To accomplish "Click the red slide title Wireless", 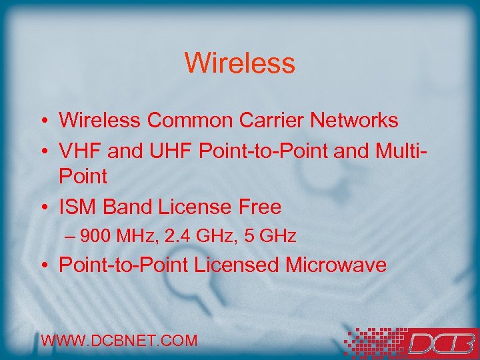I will point(239,63).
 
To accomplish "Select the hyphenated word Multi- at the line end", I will point(399,151).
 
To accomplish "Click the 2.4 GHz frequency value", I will point(195,236).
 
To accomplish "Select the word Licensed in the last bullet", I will point(237,265).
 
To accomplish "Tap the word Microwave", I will point(336,265).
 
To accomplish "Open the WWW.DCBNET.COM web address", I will point(119,341).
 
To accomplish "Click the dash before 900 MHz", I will point(71,237).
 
